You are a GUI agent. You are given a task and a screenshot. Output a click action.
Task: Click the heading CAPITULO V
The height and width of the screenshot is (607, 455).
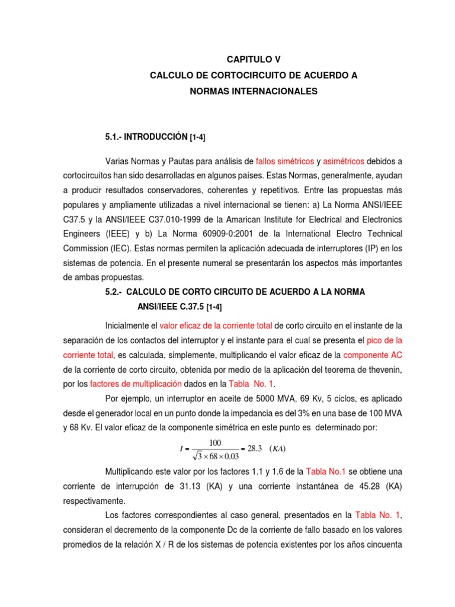tap(254, 59)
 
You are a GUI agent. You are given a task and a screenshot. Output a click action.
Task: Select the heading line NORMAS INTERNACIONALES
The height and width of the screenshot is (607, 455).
tap(254, 91)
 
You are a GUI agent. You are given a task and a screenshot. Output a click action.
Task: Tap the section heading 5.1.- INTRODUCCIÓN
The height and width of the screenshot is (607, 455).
tap(147, 137)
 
